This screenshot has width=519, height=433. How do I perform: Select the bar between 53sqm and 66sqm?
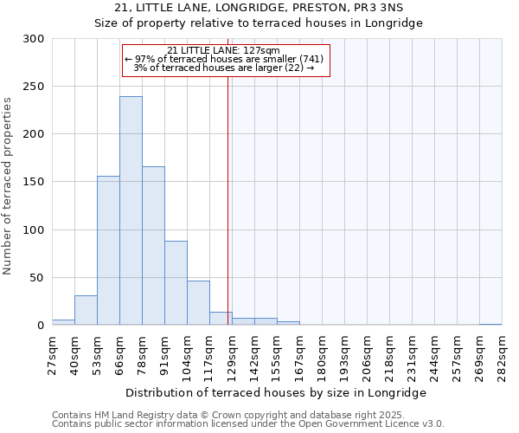click(108, 251)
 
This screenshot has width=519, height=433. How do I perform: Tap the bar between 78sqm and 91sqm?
click(153, 246)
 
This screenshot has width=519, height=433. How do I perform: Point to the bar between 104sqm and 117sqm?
click(198, 303)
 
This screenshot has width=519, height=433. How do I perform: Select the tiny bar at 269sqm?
click(490, 324)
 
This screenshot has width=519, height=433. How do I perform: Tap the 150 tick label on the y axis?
click(35, 182)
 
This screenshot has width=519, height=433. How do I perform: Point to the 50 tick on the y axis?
click(38, 278)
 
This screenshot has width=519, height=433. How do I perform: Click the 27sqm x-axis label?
click(53, 354)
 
